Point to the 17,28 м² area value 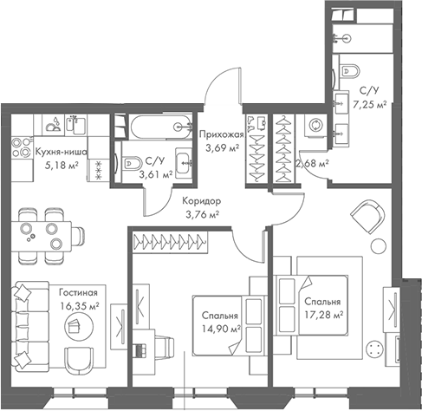[x=324, y=315]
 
